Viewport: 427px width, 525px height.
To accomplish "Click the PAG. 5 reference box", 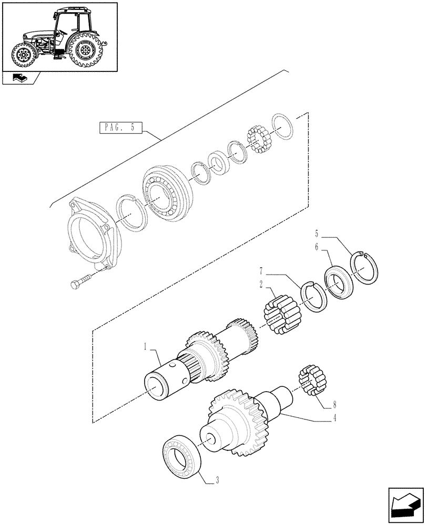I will tap(119, 128).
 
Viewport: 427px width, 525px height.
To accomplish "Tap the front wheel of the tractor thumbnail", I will tap(23, 55).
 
